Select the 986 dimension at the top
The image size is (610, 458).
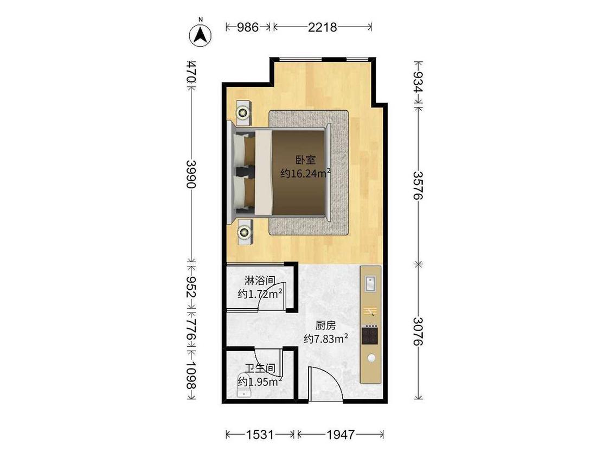[248, 27]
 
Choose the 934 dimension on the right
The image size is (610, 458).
[418, 81]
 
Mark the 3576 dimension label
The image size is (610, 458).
[418, 186]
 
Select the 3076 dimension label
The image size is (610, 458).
[418, 331]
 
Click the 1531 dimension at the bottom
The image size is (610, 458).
[259, 434]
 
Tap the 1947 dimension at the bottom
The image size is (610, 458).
[341, 434]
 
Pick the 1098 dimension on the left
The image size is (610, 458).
[190, 376]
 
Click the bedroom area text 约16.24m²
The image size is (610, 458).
[305, 173]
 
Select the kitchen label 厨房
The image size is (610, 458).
[326, 326]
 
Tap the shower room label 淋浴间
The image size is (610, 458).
[261, 281]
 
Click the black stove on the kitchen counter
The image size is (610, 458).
[371, 334]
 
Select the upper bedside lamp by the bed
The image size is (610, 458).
[243, 113]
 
